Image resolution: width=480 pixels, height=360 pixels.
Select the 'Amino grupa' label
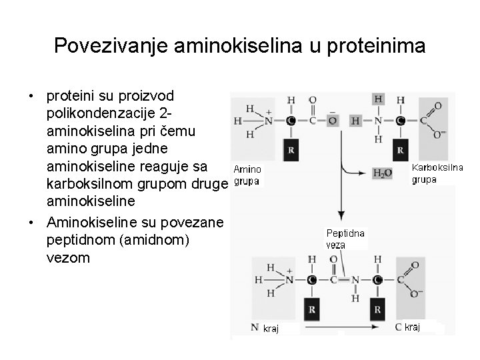[247, 175]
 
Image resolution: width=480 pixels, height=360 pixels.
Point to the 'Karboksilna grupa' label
[437, 173]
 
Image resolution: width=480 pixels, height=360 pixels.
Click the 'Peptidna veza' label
[345, 238]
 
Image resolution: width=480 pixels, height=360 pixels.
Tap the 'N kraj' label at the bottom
[266, 328]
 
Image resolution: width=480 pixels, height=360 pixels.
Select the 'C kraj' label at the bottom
[407, 327]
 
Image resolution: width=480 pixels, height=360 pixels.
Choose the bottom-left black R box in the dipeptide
[311, 309]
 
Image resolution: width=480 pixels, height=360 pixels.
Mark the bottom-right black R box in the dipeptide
[377, 309]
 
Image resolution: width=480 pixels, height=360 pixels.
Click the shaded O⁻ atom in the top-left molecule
[332, 121]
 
